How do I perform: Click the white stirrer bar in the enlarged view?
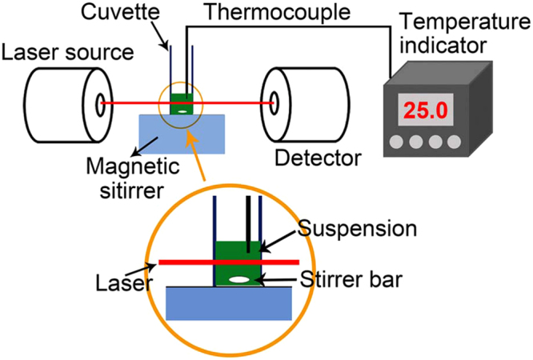(238, 279)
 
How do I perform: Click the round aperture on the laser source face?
(100, 102)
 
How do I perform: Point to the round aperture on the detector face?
(275, 102)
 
